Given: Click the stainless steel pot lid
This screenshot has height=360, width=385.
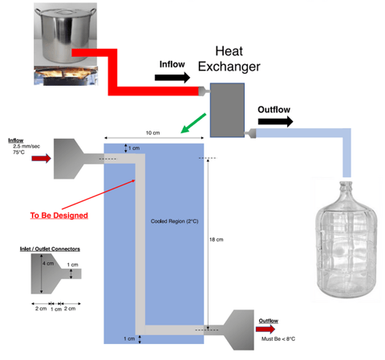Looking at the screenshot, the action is [x=66, y=12].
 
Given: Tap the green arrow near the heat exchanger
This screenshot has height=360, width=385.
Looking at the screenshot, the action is [x=193, y=123].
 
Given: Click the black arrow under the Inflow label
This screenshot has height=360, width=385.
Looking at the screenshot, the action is [x=172, y=78].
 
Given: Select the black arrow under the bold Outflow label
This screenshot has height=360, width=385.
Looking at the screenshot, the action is [x=275, y=122].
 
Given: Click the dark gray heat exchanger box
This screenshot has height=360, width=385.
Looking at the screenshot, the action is [x=227, y=110].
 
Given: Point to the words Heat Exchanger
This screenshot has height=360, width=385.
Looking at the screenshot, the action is [x=229, y=59].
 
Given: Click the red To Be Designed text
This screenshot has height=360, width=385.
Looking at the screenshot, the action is [x=59, y=216].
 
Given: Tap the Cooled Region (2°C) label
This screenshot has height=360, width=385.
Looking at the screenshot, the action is [x=174, y=221].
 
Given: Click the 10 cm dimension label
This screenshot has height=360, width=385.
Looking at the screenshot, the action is [x=152, y=133].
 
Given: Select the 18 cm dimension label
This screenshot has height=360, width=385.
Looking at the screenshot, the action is [x=216, y=240].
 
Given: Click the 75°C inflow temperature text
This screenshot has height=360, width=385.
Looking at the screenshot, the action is [x=18, y=152].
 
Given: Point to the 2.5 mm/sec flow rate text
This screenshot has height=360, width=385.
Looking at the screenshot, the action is [x=26, y=146].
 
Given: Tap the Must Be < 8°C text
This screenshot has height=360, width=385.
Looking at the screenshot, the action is [x=278, y=339].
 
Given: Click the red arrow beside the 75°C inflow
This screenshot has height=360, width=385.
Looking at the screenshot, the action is [x=41, y=158].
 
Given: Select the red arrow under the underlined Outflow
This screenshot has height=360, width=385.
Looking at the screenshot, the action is [x=265, y=329].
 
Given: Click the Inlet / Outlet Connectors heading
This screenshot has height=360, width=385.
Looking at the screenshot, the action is [x=50, y=249].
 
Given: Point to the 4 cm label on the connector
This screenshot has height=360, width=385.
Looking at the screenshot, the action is [x=48, y=264].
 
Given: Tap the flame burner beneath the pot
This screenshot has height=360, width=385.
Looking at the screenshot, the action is [x=66, y=76].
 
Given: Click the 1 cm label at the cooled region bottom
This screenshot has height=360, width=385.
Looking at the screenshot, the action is [x=129, y=338].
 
